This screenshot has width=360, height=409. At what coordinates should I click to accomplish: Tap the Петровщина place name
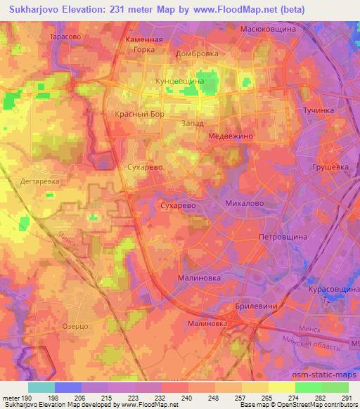pyautogui.click(x=283, y=238)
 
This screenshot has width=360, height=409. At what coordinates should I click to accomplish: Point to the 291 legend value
pyautogui.click(x=347, y=398)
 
